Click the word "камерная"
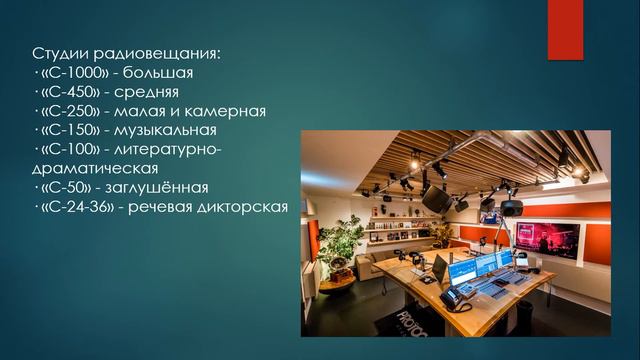coord(230,112)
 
